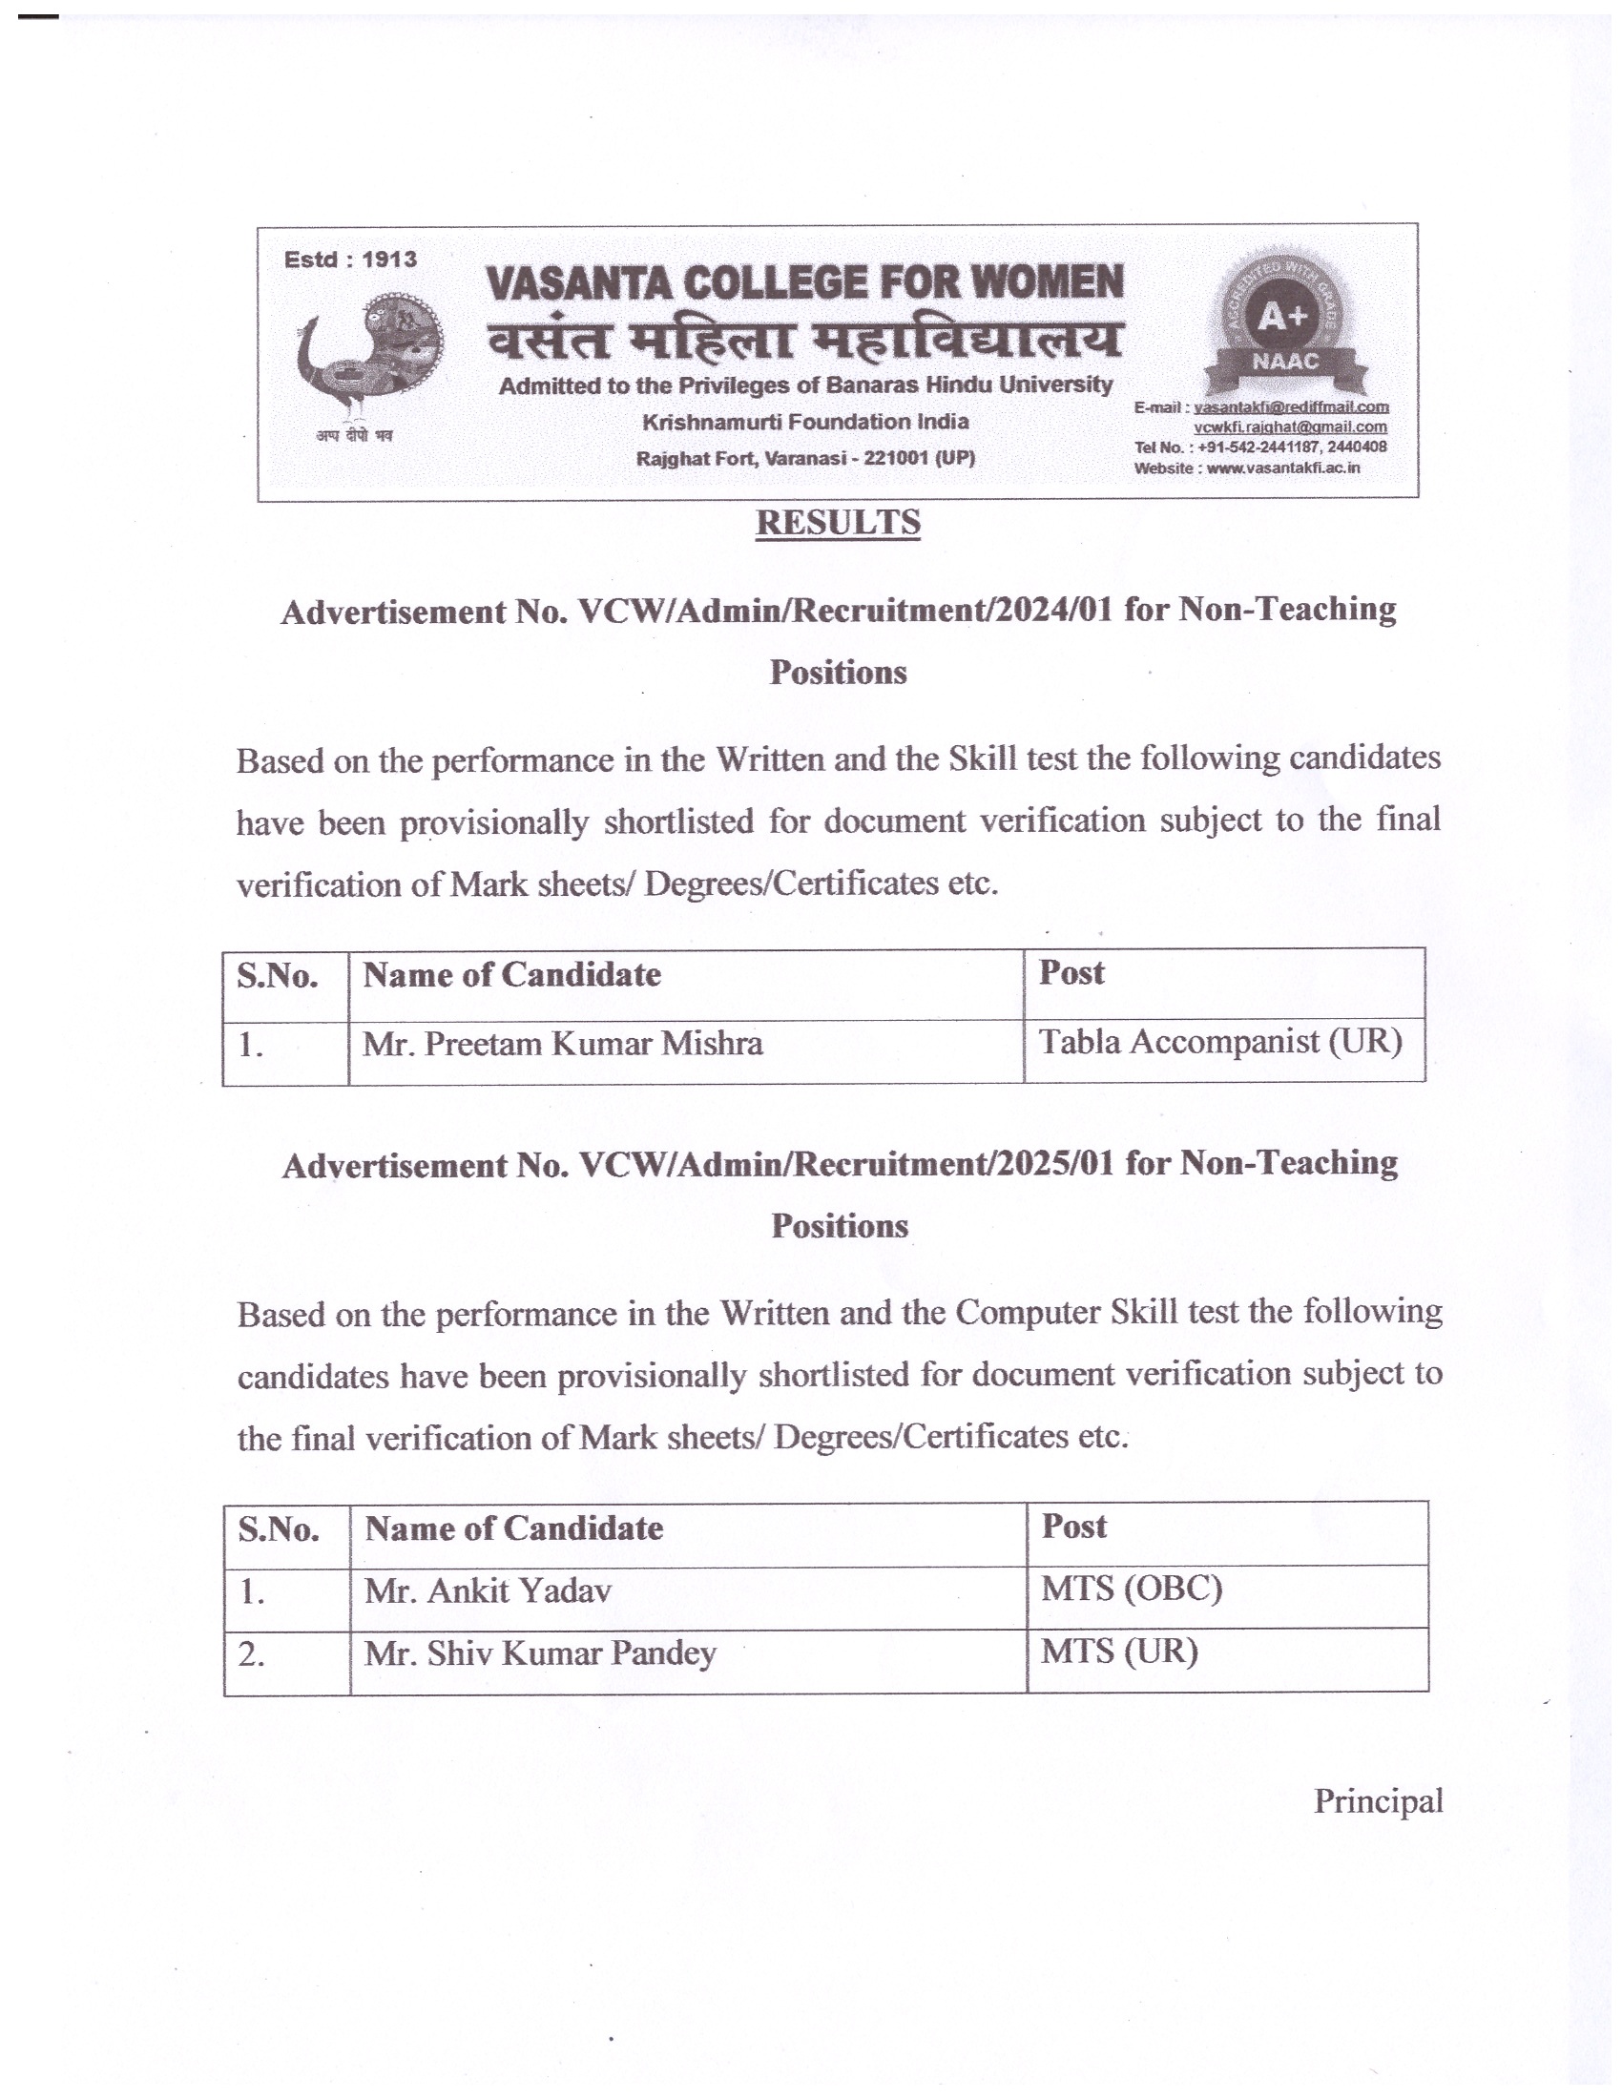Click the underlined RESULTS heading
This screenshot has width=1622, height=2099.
click(838, 523)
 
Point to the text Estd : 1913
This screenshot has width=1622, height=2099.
click(351, 260)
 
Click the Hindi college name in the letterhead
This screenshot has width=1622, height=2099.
click(805, 340)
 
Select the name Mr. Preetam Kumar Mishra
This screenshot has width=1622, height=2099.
click(562, 1044)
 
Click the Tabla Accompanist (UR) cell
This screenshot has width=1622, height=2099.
click(1220, 1042)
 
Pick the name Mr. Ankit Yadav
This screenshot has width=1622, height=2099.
click(488, 1590)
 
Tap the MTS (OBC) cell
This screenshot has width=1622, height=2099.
click(1131, 1589)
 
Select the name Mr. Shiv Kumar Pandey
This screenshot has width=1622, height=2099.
click(540, 1653)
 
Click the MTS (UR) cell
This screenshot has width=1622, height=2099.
click(1119, 1652)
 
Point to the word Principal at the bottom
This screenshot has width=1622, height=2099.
click(1378, 1800)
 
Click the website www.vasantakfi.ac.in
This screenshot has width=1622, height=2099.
click(1282, 468)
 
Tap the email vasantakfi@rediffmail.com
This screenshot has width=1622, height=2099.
click(1291, 407)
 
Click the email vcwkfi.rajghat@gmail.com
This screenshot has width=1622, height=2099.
click(1290, 426)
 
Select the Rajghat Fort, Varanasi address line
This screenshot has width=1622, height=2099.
click(805, 458)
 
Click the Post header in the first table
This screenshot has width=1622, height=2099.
click(1071, 972)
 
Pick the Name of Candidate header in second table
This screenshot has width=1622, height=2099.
click(514, 1528)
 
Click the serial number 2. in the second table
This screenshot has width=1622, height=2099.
click(252, 1655)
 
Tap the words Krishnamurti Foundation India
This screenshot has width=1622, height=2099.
click(805, 422)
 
